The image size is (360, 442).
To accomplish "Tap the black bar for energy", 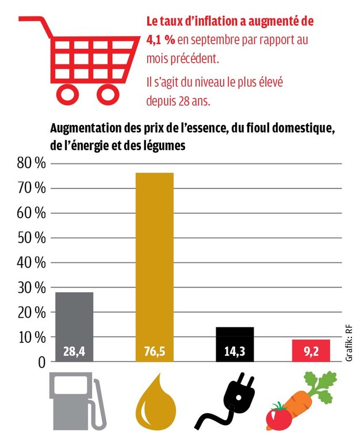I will (x=235, y=340).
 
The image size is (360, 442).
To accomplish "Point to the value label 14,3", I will (x=235, y=352).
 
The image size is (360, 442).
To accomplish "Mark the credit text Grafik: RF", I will (x=349, y=342).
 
